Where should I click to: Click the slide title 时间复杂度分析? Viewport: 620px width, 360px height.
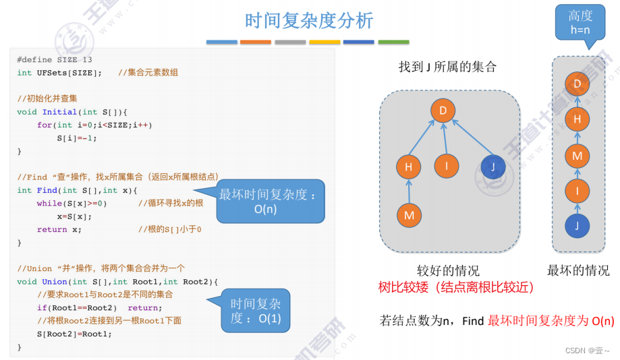click(x=309, y=21)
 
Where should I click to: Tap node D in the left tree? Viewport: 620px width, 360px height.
click(x=443, y=111)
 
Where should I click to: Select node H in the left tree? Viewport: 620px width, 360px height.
click(x=408, y=166)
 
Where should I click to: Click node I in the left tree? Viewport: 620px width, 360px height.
click(x=446, y=166)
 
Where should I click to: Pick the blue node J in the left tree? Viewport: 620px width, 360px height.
click(x=493, y=166)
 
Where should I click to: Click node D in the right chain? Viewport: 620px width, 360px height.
click(x=577, y=84)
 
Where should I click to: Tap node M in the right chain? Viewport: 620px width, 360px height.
click(x=577, y=156)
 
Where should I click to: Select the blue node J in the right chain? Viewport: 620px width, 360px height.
click(x=577, y=227)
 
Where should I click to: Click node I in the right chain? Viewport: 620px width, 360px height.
click(x=577, y=191)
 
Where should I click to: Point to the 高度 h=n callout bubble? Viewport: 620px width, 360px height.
click(x=580, y=23)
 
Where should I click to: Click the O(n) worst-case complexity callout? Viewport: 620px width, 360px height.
click(x=270, y=202)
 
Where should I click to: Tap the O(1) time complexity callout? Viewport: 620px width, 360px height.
click(x=256, y=311)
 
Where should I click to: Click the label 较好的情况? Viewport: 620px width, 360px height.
click(x=448, y=270)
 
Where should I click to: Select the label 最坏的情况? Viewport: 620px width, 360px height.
click(x=578, y=270)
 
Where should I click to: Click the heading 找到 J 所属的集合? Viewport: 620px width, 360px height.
click(x=447, y=67)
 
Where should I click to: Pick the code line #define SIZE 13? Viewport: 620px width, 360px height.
click(x=55, y=59)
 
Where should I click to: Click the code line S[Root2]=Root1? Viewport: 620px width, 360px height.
click(x=74, y=334)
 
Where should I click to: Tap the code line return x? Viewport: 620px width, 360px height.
click(x=59, y=229)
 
